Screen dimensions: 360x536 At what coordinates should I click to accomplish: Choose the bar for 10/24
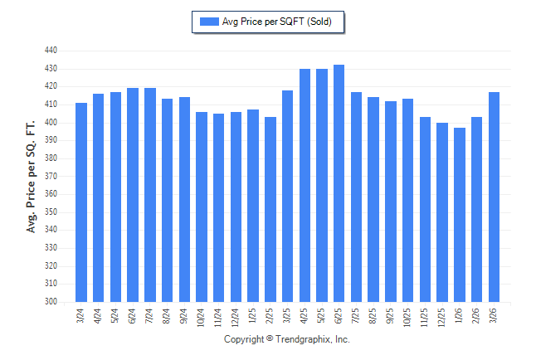click(202, 207)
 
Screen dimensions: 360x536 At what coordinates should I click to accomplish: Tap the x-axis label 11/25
click(426, 317)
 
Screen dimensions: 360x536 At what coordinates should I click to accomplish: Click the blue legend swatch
click(208, 22)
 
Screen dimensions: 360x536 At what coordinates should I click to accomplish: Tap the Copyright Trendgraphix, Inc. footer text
click(287, 339)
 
